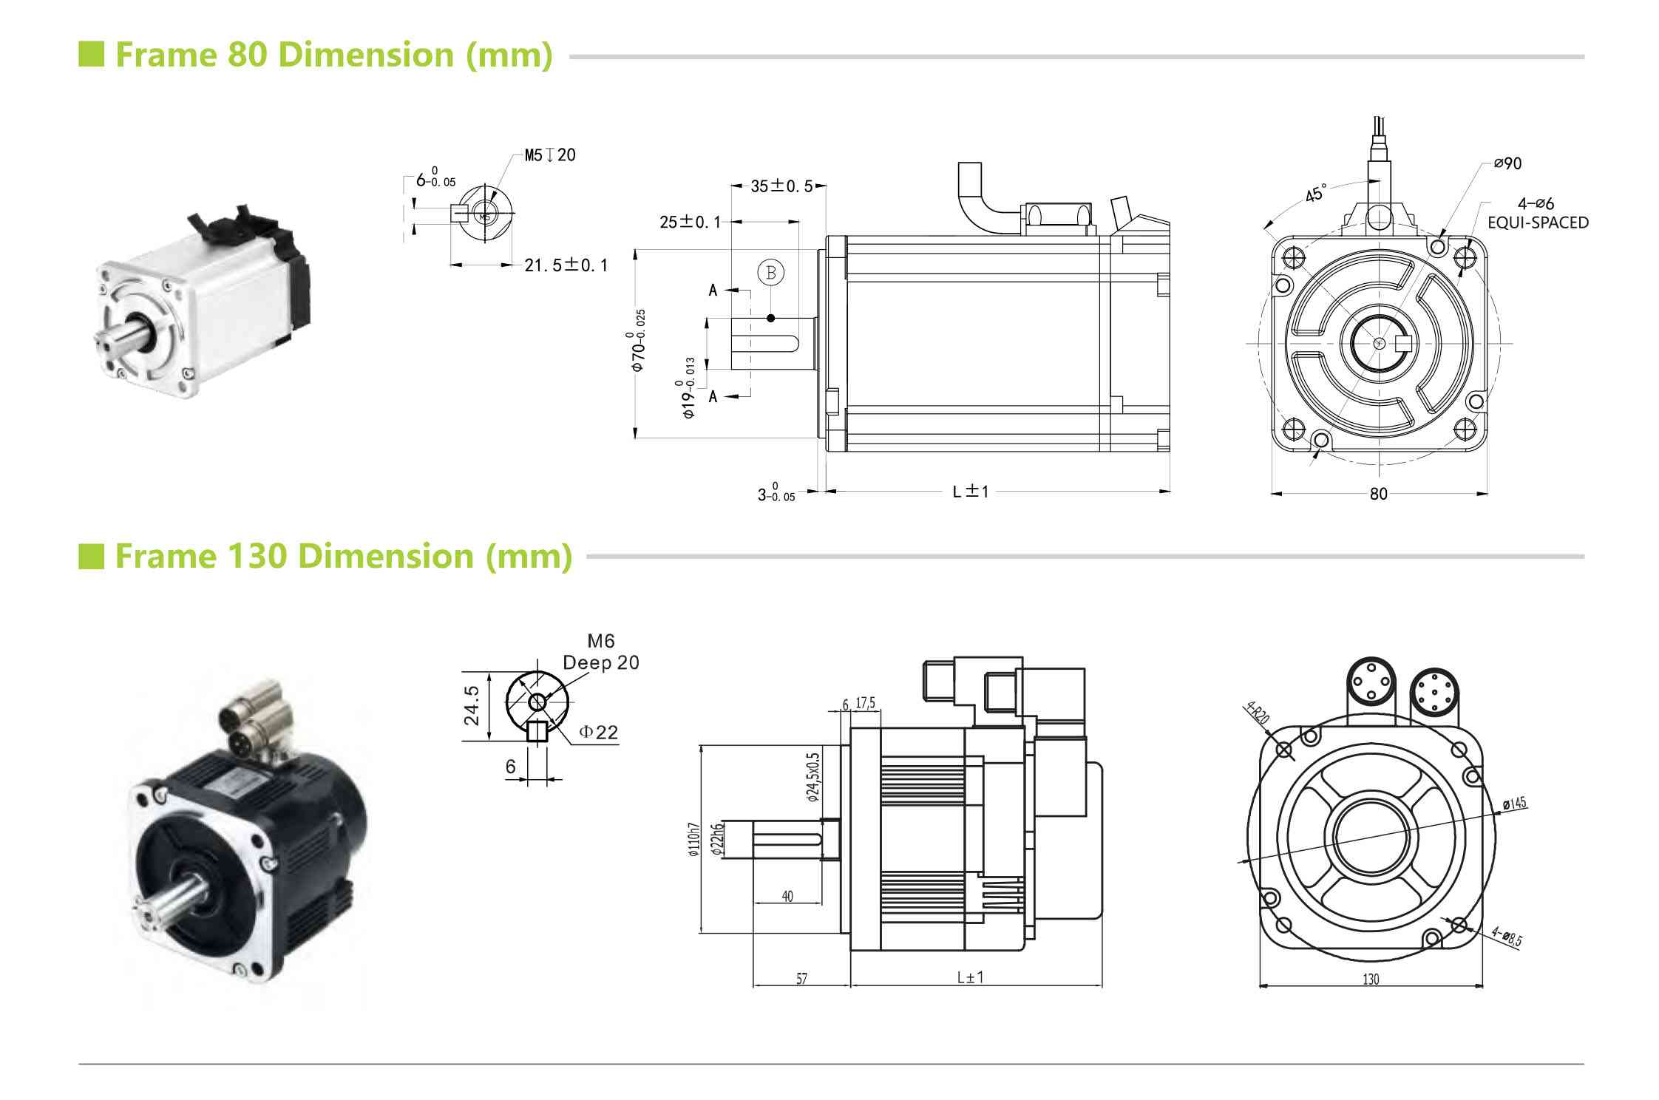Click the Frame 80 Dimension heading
333,55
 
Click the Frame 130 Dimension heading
343,556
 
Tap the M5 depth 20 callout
550,155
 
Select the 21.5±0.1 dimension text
566,265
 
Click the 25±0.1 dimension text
690,222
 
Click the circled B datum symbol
770,272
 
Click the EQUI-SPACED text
1537,223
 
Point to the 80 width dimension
1378,494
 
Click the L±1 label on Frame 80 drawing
971,492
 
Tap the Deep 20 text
600,663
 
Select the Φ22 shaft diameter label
598,733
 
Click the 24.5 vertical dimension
472,705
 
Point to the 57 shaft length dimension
801,979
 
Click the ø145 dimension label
1515,803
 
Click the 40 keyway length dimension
787,897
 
